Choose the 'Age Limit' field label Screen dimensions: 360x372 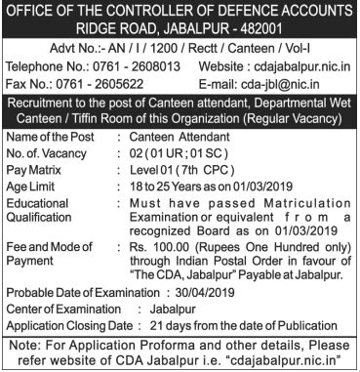coord(34,191)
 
